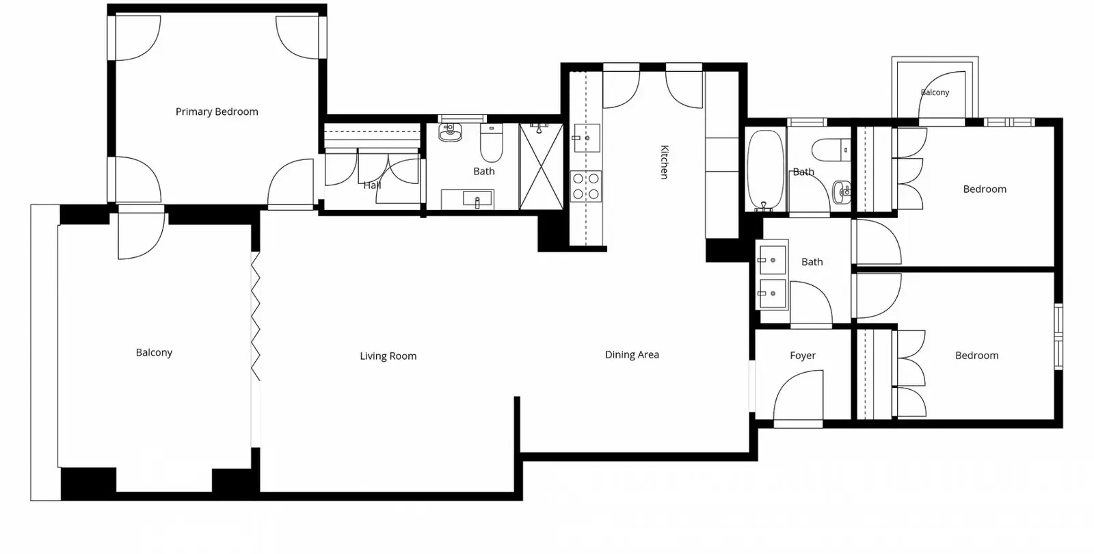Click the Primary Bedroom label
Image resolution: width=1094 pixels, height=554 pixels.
tap(217, 112)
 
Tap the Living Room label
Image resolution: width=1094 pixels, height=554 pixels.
tap(388, 356)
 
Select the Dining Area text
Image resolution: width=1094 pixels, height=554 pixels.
tap(632, 355)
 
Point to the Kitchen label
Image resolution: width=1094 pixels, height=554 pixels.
tap(664, 162)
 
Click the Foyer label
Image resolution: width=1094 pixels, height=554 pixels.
tap(803, 356)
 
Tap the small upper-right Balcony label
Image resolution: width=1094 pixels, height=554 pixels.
tap(935, 92)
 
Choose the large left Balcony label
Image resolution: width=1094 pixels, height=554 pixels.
tap(154, 353)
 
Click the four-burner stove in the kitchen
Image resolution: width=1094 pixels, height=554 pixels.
tap(586, 186)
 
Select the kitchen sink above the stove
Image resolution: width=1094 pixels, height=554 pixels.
tap(587, 138)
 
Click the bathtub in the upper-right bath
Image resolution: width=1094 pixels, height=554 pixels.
tap(765, 169)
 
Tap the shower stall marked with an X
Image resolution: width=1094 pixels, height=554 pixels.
tap(541, 167)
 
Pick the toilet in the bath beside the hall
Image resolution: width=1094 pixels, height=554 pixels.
tap(492, 143)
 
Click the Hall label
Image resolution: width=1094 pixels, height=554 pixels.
tap(372, 185)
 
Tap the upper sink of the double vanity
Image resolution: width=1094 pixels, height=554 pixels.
tap(772, 260)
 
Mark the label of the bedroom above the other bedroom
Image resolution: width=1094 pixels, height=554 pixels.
tap(985, 189)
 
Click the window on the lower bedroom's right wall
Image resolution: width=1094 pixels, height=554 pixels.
tap(1058, 337)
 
